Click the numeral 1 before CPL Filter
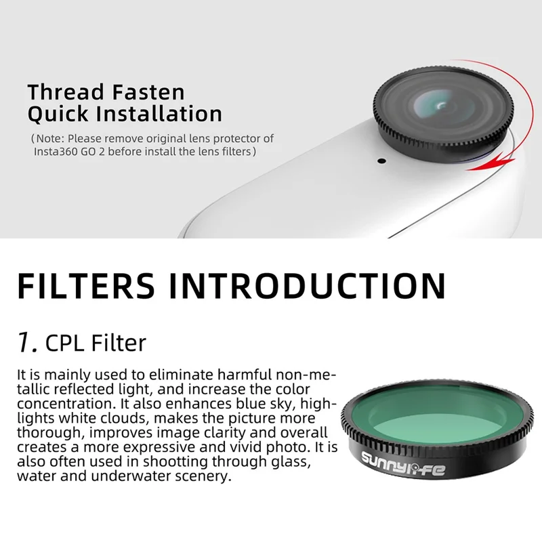pos(26,343)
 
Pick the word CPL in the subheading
pos(65,343)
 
